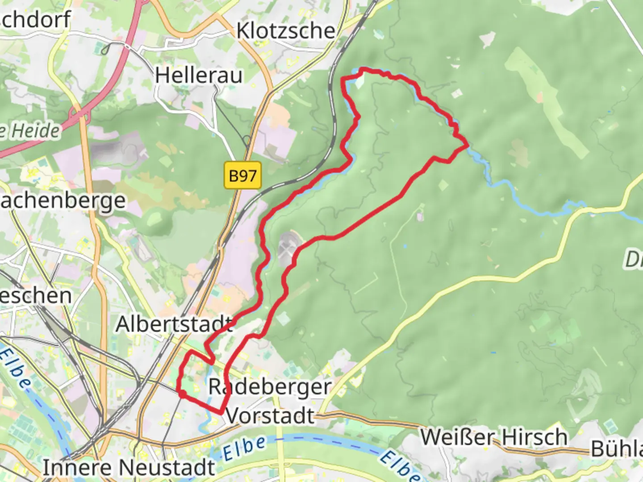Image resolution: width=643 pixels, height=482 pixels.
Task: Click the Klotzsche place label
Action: click(x=286, y=31)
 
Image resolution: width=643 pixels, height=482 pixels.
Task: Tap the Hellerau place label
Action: click(x=199, y=75)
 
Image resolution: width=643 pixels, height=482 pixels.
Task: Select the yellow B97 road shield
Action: click(x=242, y=175)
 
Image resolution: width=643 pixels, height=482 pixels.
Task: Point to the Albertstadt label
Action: click(x=174, y=324)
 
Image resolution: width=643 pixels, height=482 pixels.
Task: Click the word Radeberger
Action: click(x=270, y=387)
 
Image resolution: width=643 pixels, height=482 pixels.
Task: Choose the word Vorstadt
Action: click(x=270, y=416)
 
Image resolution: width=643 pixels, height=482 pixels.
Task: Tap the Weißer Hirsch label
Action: click(x=494, y=437)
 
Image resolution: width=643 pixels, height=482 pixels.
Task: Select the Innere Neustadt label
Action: click(x=129, y=468)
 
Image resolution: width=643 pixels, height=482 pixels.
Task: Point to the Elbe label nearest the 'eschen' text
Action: click(x=16, y=368)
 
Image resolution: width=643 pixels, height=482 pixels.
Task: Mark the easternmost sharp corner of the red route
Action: click(x=468, y=145)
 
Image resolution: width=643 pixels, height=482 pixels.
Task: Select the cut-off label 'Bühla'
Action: click(x=617, y=449)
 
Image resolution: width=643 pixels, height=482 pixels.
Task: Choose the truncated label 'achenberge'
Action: click(x=63, y=201)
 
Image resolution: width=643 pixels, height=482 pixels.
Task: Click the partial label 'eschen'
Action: click(x=36, y=295)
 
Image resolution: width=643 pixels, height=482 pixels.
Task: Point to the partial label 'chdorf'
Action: click(x=36, y=20)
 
